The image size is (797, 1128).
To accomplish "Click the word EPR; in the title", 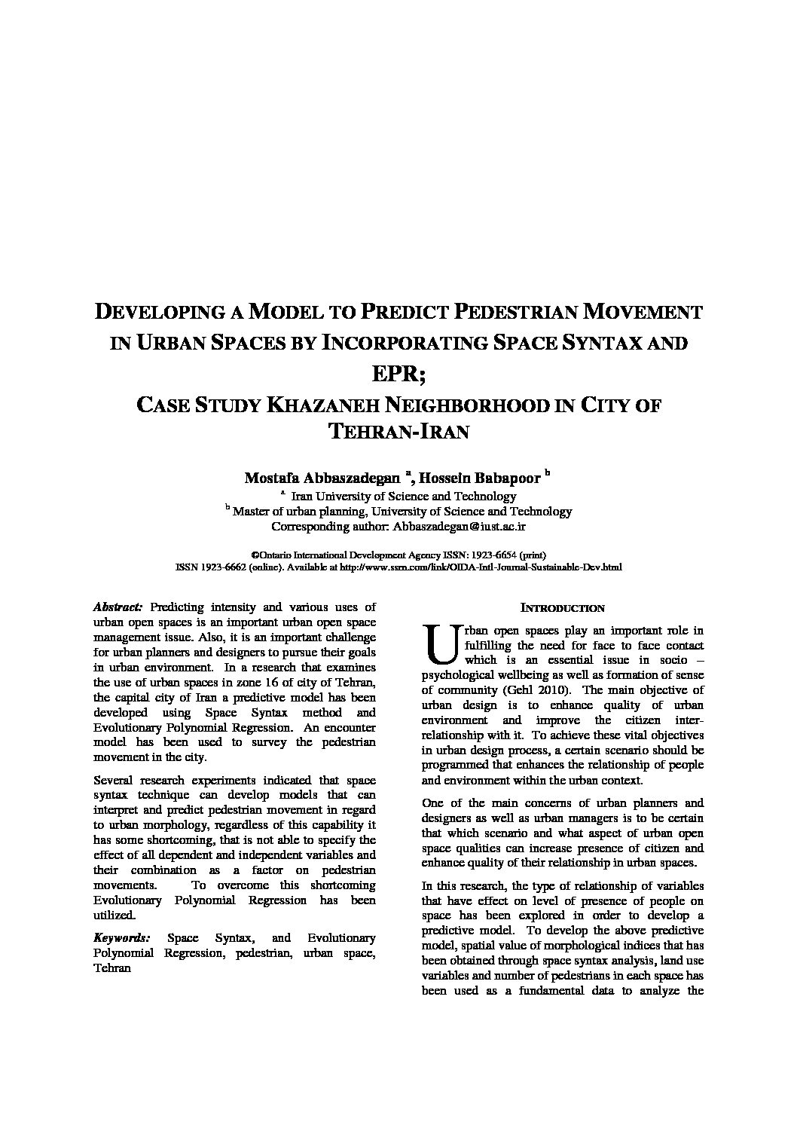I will click(398, 374).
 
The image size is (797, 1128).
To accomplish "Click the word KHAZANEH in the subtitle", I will click(320, 405).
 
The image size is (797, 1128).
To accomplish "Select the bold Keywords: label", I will click(121, 938).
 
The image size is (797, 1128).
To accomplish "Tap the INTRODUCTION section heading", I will click(563, 608).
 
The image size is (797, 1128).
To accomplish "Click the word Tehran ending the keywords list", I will click(112, 968).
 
